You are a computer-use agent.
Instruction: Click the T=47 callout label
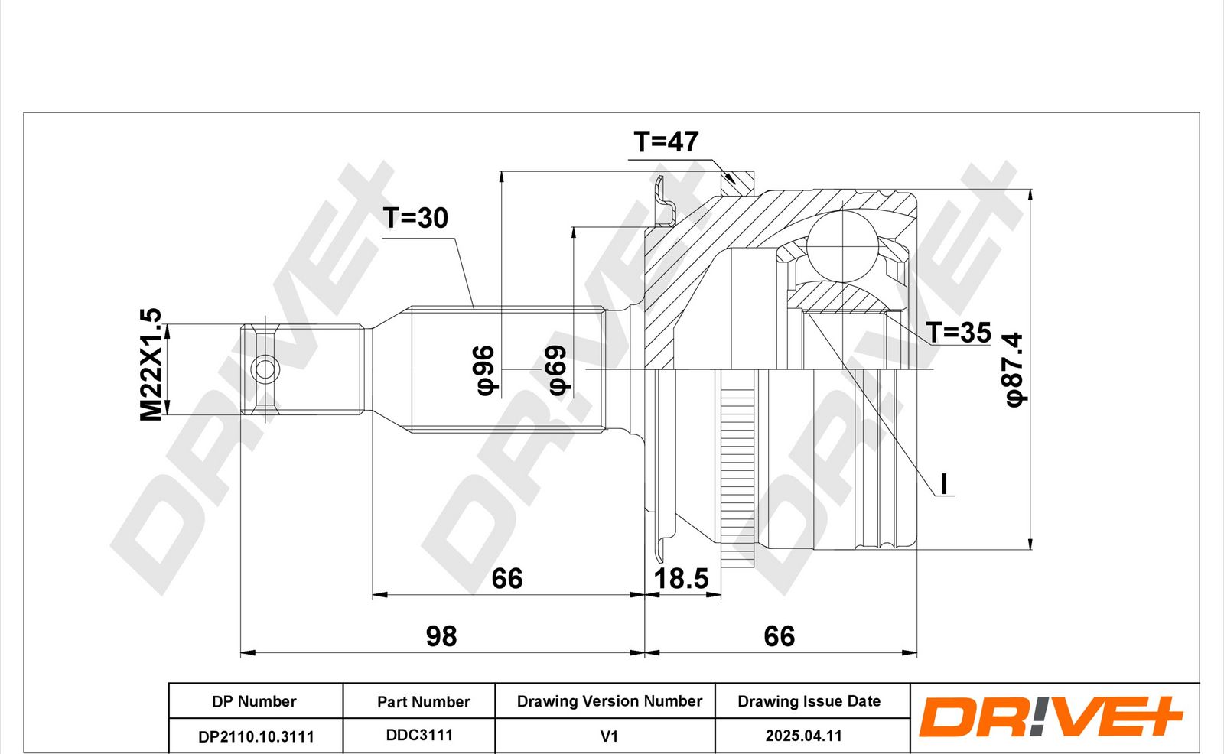pyautogui.click(x=666, y=142)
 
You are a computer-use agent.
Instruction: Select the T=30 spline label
pyautogui.click(x=415, y=218)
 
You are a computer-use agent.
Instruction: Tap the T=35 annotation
pyautogui.click(x=959, y=332)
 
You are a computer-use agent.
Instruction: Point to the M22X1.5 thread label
pyautogui.click(x=151, y=365)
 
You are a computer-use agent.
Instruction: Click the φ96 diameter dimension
pyautogui.click(x=486, y=370)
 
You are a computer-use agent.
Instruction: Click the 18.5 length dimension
pyautogui.click(x=682, y=579)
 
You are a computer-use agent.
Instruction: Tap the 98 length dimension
pyautogui.click(x=441, y=636)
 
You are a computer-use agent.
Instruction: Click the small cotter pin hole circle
pyautogui.click(x=265, y=369)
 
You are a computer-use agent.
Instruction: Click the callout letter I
pyautogui.click(x=944, y=483)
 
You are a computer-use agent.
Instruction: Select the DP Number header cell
pyautogui.click(x=254, y=701)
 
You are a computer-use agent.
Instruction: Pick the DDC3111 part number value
pyautogui.click(x=420, y=736)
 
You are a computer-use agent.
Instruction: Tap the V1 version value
pyautogui.click(x=609, y=736)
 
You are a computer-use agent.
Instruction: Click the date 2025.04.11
pyautogui.click(x=804, y=736)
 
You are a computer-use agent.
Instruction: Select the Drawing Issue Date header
pyautogui.click(x=809, y=701)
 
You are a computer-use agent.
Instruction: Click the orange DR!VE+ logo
pyautogui.click(x=1050, y=717)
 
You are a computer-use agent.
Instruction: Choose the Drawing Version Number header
pyautogui.click(x=610, y=701)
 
